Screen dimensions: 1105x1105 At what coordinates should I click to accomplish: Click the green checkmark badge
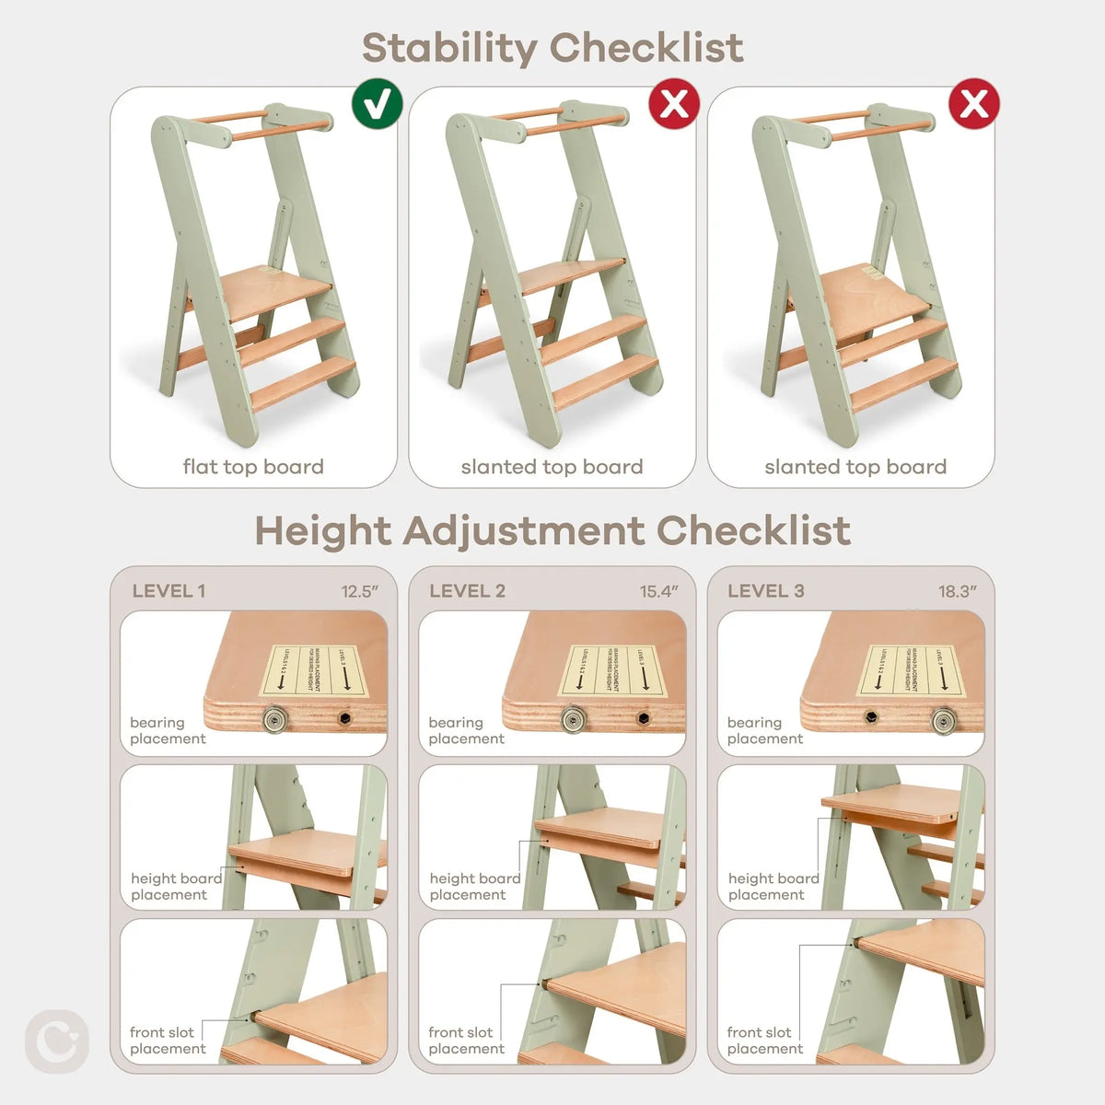377,104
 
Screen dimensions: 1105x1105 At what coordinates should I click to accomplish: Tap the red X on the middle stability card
675,104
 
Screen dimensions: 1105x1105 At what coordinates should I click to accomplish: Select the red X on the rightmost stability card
974,104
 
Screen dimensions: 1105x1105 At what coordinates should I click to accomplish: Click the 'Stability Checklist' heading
552,48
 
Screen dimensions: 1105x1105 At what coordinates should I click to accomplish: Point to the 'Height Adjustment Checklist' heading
552,531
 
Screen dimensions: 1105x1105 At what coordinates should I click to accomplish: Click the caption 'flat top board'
253,467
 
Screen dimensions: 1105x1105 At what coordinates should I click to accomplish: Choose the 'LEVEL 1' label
169,591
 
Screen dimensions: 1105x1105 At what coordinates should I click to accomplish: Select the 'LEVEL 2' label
467,591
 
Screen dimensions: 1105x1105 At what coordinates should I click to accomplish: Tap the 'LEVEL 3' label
765,591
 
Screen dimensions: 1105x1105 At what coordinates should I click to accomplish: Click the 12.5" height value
360,592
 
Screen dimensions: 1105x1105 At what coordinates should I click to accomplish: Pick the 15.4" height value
659,592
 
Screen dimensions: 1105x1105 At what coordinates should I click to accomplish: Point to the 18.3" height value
958,592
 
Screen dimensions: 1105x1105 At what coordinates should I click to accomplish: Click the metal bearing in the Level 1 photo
273,718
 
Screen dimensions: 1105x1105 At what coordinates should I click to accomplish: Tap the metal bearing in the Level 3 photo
944,719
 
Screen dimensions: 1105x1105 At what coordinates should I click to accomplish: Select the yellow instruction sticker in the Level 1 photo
314,670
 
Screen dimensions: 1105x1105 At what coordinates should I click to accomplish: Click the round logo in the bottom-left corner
57,1041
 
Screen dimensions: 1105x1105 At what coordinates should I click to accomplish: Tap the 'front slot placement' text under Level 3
764,1041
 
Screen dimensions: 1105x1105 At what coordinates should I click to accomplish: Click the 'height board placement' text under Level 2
474,887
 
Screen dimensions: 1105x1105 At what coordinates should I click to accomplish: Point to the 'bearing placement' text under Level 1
168,730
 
